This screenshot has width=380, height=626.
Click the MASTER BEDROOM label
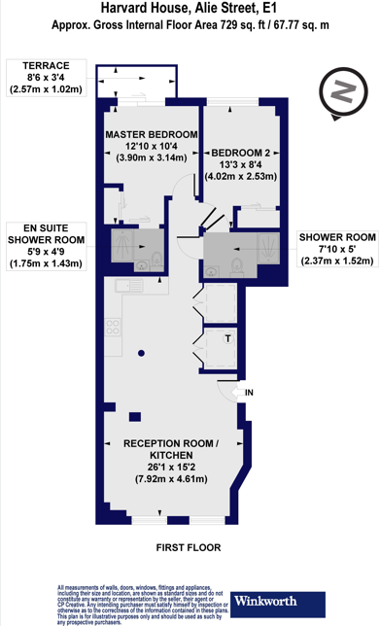[152, 133]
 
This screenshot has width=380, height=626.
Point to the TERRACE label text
[32, 67]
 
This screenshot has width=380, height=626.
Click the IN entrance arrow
[227, 392]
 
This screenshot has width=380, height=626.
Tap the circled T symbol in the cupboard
[226, 339]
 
